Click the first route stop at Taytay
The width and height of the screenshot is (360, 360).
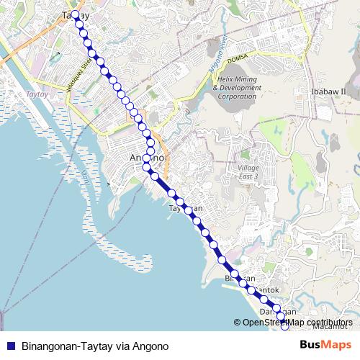[x=75, y=14]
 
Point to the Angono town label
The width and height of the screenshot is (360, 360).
[x=148, y=158]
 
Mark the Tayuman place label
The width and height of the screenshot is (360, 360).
[x=185, y=208]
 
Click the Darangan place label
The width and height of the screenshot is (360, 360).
[x=278, y=310]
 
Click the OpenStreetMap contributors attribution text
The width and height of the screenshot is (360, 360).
[x=297, y=323]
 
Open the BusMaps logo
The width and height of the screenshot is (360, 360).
[x=325, y=346]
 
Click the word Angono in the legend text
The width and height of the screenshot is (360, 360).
[x=151, y=346]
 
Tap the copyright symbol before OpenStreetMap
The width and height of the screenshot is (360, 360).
[x=238, y=323]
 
